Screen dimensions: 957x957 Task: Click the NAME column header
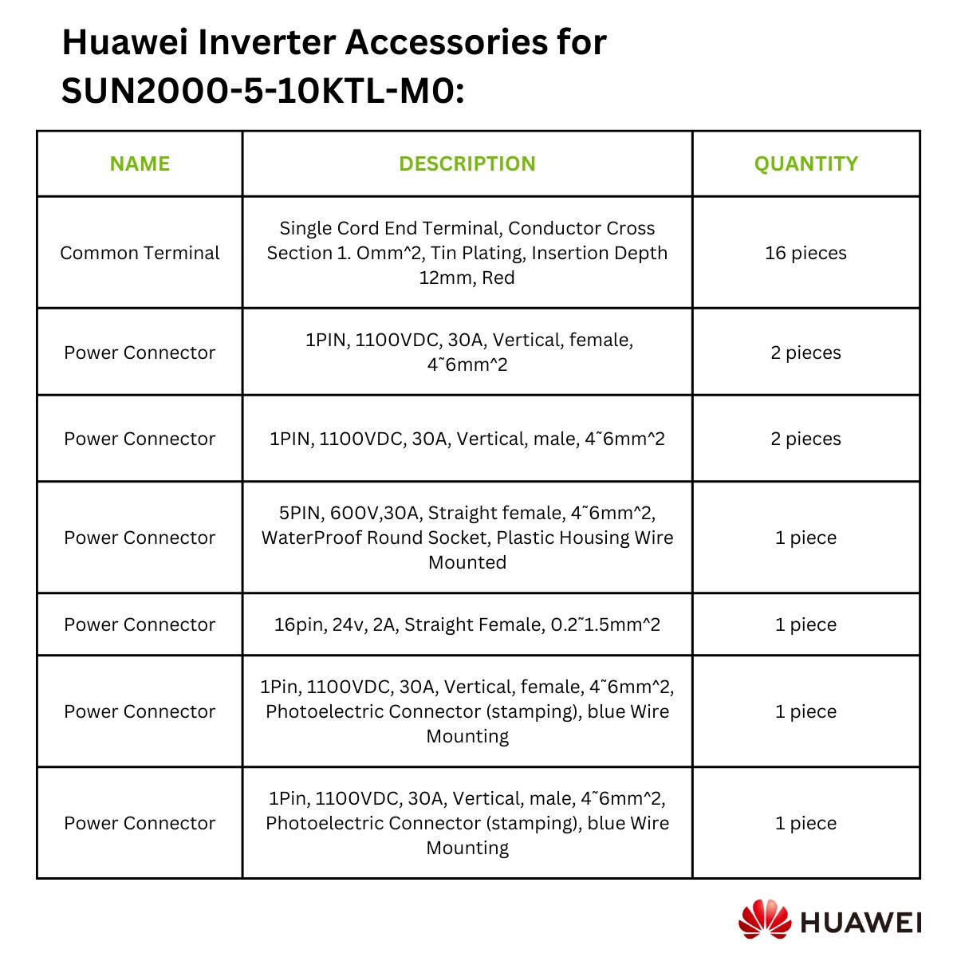(x=140, y=163)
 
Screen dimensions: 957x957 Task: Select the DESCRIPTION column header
(x=467, y=163)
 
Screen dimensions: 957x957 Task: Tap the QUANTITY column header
(x=805, y=163)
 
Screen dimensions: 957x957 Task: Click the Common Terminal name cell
(x=140, y=253)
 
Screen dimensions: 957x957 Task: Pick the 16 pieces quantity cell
(x=805, y=253)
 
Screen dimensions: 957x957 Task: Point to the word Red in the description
(x=498, y=278)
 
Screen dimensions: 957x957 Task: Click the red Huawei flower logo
(x=765, y=919)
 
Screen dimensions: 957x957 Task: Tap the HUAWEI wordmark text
(x=861, y=923)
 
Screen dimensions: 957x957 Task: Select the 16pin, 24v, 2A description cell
(x=467, y=624)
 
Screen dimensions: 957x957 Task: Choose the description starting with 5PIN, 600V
(x=467, y=538)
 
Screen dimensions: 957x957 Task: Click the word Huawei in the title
(x=125, y=42)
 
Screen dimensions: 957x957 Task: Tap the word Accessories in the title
(x=447, y=42)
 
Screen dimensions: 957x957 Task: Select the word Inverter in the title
(x=266, y=42)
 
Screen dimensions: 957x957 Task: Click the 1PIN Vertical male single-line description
(x=467, y=439)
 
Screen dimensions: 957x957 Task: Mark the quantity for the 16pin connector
(x=805, y=624)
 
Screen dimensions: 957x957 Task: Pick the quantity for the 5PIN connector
(x=805, y=538)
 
